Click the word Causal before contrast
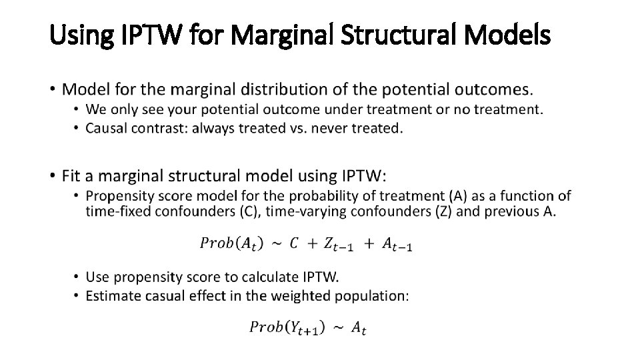tap(105, 128)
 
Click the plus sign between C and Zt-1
tap(311, 243)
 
